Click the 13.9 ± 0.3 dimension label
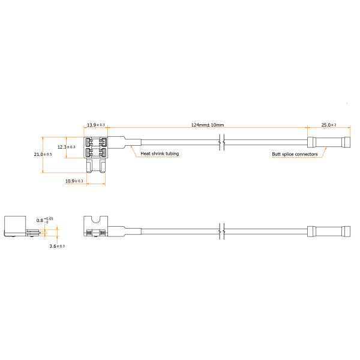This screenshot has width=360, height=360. click(x=96, y=125)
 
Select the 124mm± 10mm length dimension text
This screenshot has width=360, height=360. click(x=208, y=125)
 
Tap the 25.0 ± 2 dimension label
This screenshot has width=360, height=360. click(x=329, y=125)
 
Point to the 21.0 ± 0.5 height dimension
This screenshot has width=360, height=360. click(x=43, y=154)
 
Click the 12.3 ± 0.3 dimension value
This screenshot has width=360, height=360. click(x=66, y=147)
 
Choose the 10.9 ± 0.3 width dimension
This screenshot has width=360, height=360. click(x=74, y=181)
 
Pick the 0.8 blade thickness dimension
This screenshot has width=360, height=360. click(x=45, y=220)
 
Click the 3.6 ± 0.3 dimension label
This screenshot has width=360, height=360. click(x=57, y=246)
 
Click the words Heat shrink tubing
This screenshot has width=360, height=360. click(x=160, y=154)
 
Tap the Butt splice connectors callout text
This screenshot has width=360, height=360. click(x=295, y=154)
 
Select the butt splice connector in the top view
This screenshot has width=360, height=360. click(x=329, y=142)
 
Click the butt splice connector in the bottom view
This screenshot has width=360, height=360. click(x=329, y=232)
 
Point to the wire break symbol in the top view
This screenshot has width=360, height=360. click(x=221, y=142)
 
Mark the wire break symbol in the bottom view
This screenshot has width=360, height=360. click(x=221, y=232)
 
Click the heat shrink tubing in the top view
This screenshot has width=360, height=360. click(x=124, y=142)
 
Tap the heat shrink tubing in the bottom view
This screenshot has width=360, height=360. click(x=124, y=232)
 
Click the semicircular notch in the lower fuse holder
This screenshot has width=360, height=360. click(x=96, y=220)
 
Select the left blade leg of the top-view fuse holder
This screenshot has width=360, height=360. click(x=89, y=166)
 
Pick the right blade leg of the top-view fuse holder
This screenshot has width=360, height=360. click(x=103, y=166)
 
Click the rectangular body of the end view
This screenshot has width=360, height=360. click(x=15, y=226)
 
